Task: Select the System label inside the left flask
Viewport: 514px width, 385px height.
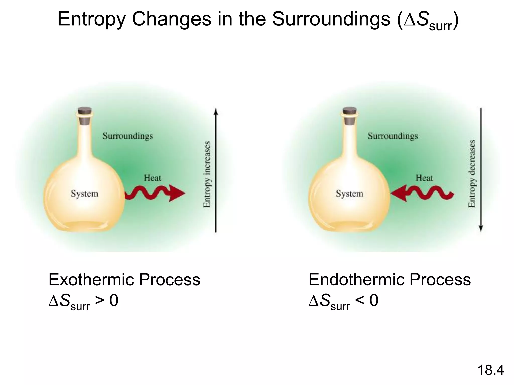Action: [x=84, y=194]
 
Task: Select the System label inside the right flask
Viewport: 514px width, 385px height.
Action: [x=350, y=194]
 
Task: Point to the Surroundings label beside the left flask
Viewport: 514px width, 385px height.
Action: [x=128, y=136]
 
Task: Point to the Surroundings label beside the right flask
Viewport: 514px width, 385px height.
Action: [x=393, y=136]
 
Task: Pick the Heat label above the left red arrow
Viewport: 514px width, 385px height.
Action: [x=152, y=178]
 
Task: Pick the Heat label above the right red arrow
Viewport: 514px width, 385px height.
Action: [x=424, y=178]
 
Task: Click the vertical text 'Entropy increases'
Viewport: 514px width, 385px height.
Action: [x=207, y=174]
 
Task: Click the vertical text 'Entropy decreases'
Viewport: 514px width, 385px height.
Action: [x=472, y=174]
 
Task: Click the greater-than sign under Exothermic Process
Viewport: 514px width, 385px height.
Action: [x=99, y=301]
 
